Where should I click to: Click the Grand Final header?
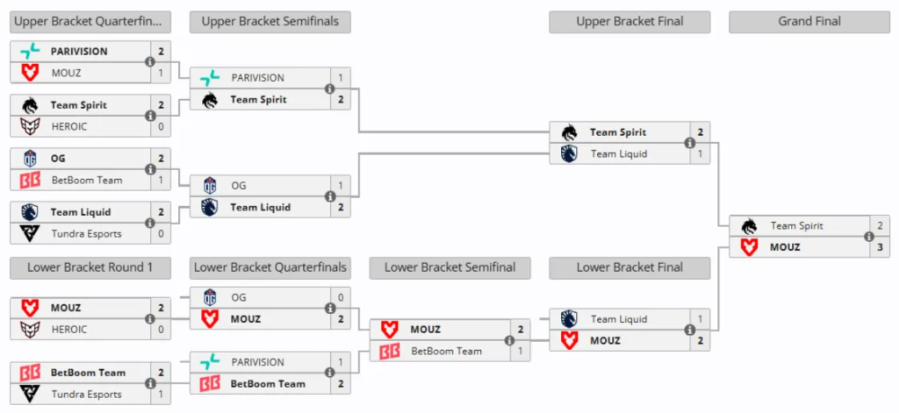click(x=809, y=21)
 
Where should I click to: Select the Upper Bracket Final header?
click(x=629, y=21)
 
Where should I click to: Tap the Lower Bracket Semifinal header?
click(x=449, y=267)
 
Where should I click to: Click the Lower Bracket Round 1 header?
click(x=90, y=267)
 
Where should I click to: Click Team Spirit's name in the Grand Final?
click(x=796, y=226)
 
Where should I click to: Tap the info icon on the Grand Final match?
click(x=868, y=237)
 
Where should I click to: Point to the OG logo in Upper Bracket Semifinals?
click(x=210, y=185)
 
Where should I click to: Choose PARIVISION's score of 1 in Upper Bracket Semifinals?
click(x=341, y=78)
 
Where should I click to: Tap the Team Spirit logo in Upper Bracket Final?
click(x=569, y=132)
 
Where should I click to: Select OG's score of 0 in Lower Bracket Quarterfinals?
click(x=341, y=297)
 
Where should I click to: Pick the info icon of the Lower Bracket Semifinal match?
click(x=509, y=340)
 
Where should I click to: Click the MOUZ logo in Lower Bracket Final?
click(x=569, y=340)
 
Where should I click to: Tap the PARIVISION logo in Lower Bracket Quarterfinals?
click(x=210, y=362)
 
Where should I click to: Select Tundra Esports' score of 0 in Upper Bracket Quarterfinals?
click(x=161, y=233)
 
